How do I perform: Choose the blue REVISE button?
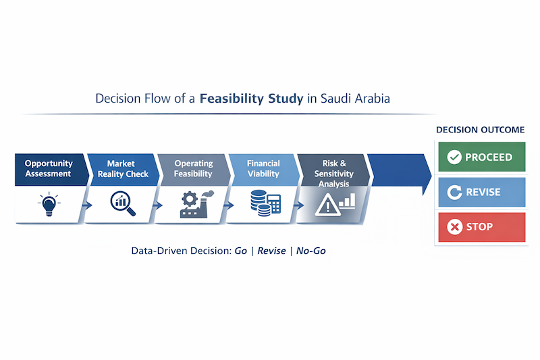tap(481, 192)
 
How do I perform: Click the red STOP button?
tap(481, 227)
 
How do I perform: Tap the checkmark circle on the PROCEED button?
tap(454, 157)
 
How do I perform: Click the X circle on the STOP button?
tap(454, 227)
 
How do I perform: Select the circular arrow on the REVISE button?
tap(454, 192)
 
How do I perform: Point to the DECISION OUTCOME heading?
tap(481, 130)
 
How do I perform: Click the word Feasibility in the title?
tap(234, 99)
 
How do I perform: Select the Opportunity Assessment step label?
tap(49, 168)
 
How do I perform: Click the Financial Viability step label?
tap(263, 168)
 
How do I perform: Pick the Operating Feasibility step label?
tap(194, 168)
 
